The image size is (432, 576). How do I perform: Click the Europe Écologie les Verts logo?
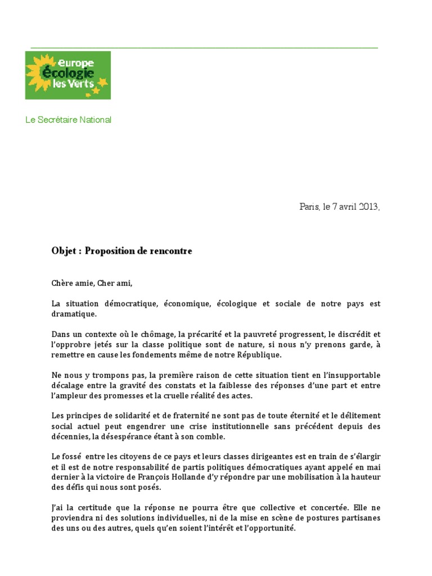click(x=68, y=75)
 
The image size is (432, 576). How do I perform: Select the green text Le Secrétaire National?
click(x=68, y=120)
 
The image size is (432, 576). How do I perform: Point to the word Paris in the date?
click(x=309, y=206)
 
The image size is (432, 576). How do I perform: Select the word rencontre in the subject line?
click(x=169, y=251)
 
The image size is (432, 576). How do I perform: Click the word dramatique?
click(x=74, y=314)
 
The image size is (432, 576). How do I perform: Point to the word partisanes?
click(x=361, y=518)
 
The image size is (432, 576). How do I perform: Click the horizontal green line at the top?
click(x=204, y=48)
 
